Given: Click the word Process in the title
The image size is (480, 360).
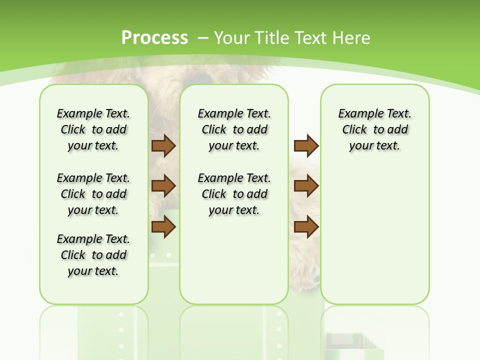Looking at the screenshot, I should pyautogui.click(x=154, y=37).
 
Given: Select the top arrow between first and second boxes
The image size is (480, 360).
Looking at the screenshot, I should pyautogui.click(x=163, y=145).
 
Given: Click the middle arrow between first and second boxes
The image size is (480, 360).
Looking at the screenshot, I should pyautogui.click(x=163, y=186).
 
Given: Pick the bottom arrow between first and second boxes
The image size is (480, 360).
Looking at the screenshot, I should pyautogui.click(x=163, y=226).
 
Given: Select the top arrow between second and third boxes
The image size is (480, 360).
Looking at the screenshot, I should pyautogui.click(x=306, y=145).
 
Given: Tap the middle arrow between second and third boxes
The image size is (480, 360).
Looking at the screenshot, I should pyautogui.click(x=306, y=186).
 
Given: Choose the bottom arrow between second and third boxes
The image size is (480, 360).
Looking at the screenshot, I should pyautogui.click(x=306, y=226).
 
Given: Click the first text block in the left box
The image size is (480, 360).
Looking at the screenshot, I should pyautogui.click(x=93, y=129).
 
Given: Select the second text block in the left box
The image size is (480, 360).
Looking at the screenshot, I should pyautogui.click(x=93, y=194).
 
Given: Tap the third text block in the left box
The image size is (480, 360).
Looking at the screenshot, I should pyautogui.click(x=93, y=255).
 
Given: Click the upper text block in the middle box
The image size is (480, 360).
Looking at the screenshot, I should pyautogui.click(x=234, y=129).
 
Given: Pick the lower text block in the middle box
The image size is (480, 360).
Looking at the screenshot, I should pyautogui.click(x=234, y=194).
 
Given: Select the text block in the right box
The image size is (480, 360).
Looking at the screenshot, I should pyautogui.click(x=374, y=129).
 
